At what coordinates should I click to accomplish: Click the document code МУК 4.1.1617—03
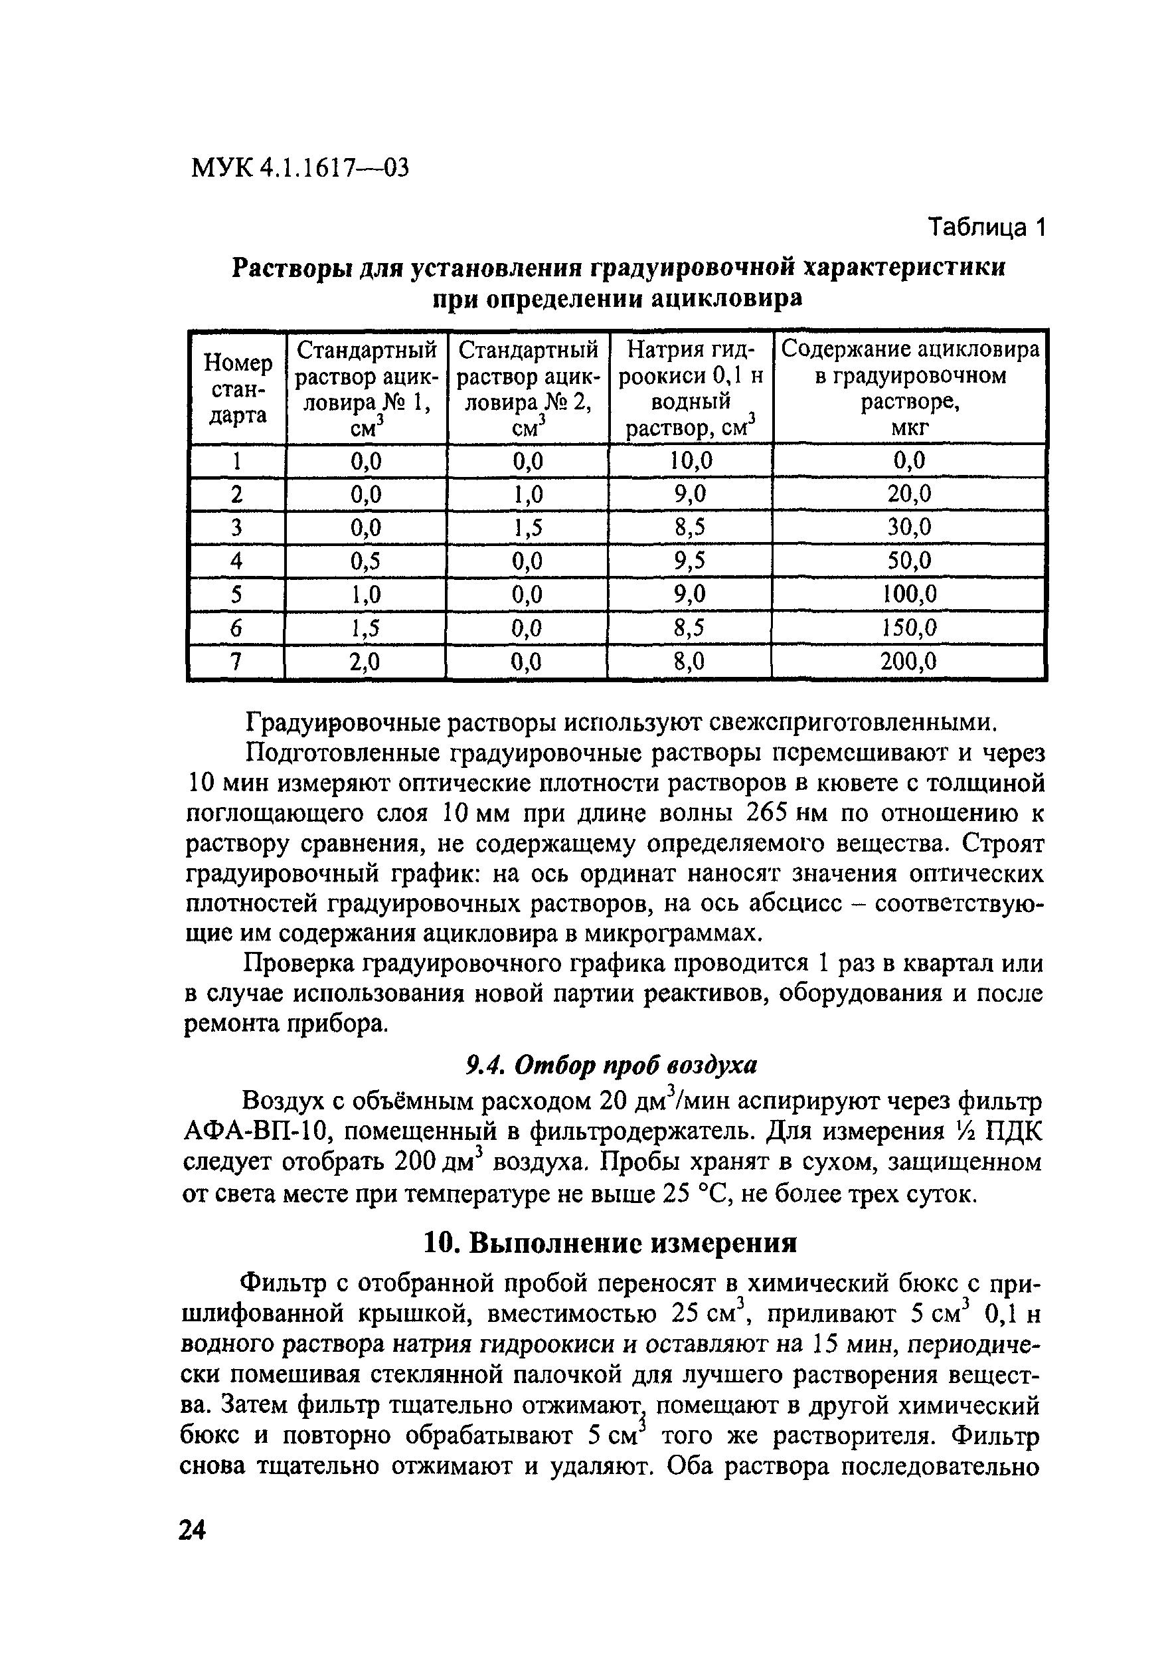[299, 168]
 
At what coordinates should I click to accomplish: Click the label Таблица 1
[986, 228]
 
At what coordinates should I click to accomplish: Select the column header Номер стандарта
[238, 389]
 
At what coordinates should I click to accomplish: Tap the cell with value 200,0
[908, 661]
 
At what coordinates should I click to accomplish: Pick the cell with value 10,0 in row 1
[690, 460]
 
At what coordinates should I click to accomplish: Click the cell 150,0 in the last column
[908, 628]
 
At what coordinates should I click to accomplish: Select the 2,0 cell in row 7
[365, 661]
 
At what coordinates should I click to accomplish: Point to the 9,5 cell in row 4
[690, 561]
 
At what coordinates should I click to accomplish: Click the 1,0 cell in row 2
[527, 494]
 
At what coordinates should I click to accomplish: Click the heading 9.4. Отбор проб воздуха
[610, 1065]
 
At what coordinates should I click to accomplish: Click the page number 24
[193, 1530]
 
